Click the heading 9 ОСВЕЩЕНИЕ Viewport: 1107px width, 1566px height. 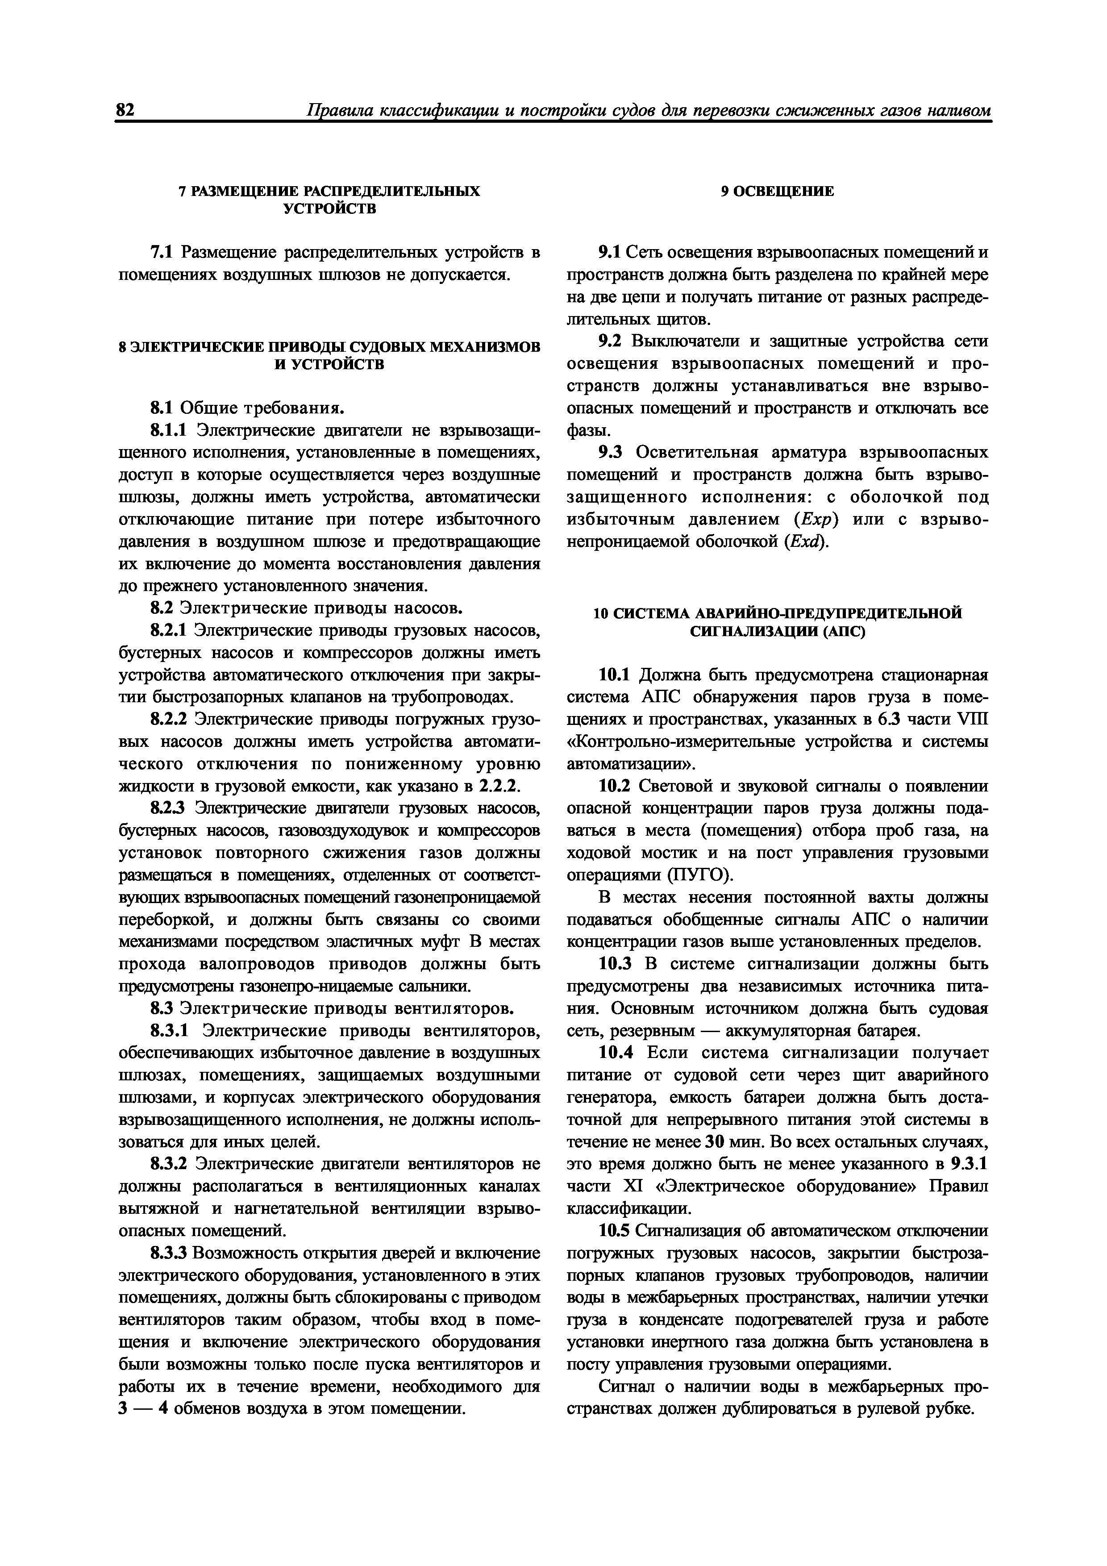778,192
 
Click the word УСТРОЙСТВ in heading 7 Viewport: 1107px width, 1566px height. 329,209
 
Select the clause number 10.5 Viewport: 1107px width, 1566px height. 616,1231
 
